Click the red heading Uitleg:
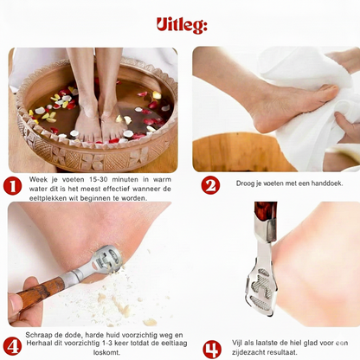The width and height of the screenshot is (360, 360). point(181,25)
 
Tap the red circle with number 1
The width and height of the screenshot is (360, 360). point(13,185)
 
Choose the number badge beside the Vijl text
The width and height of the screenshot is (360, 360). point(211,349)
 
